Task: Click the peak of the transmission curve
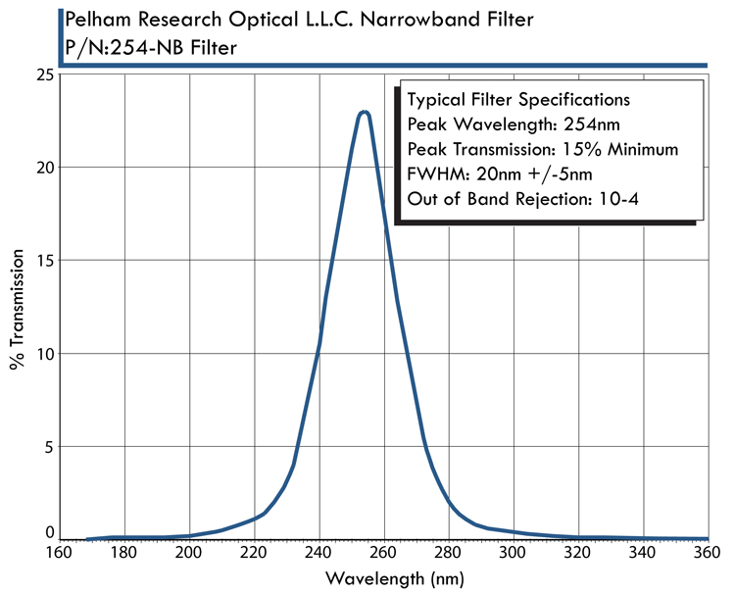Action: coord(365,113)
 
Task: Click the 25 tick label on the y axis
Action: coord(42,74)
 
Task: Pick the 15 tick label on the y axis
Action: coord(42,261)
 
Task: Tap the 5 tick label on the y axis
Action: coord(47,446)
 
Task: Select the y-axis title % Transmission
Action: coord(18,307)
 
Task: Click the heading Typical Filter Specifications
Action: coord(517,100)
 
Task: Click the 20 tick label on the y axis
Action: coord(42,168)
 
